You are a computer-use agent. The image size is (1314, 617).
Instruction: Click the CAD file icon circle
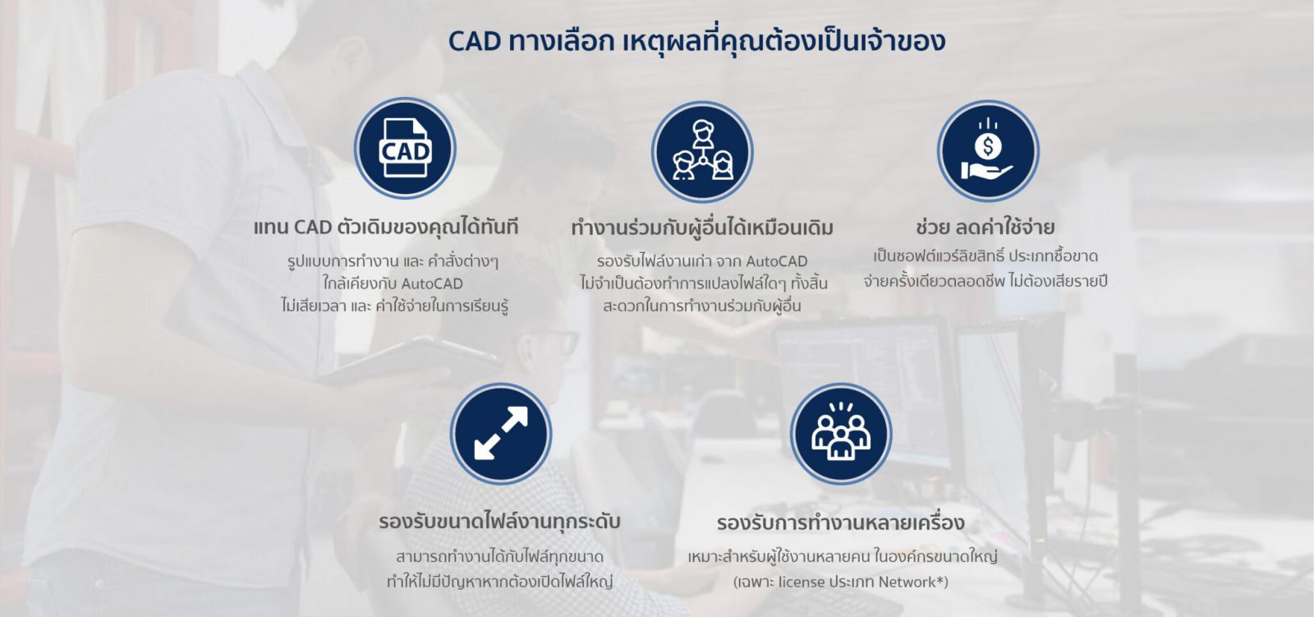coord(405,149)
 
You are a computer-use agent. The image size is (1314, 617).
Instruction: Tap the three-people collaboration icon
coord(702,152)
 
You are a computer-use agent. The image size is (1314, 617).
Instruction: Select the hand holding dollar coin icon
coord(988,151)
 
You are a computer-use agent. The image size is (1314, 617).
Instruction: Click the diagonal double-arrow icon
coord(500,433)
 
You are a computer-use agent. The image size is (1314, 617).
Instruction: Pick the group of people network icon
coord(840,433)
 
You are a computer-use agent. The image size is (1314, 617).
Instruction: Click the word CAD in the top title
coord(474,41)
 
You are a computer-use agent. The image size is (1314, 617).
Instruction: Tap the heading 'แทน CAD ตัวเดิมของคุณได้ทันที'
coord(386,227)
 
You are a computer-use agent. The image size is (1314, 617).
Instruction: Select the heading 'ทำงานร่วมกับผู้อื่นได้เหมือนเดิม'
coord(702,228)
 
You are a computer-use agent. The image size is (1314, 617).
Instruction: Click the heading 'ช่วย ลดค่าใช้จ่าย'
coord(985,227)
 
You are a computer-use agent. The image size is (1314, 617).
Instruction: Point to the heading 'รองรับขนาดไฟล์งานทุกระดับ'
coord(499,522)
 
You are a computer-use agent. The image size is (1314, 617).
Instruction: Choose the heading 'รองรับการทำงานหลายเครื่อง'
coord(840,523)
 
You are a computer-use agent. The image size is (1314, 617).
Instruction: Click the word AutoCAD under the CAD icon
coord(432,284)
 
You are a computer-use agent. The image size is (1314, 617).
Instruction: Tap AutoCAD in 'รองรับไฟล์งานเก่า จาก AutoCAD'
coord(776,261)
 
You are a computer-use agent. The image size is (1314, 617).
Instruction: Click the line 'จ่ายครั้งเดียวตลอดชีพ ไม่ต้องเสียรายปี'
coord(985,281)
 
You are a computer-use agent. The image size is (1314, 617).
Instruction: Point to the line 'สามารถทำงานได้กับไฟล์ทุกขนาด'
coord(499,557)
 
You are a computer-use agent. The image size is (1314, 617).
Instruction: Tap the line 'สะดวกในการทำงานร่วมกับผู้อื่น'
coord(702,306)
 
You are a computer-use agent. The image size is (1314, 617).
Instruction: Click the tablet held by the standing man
coord(411,361)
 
